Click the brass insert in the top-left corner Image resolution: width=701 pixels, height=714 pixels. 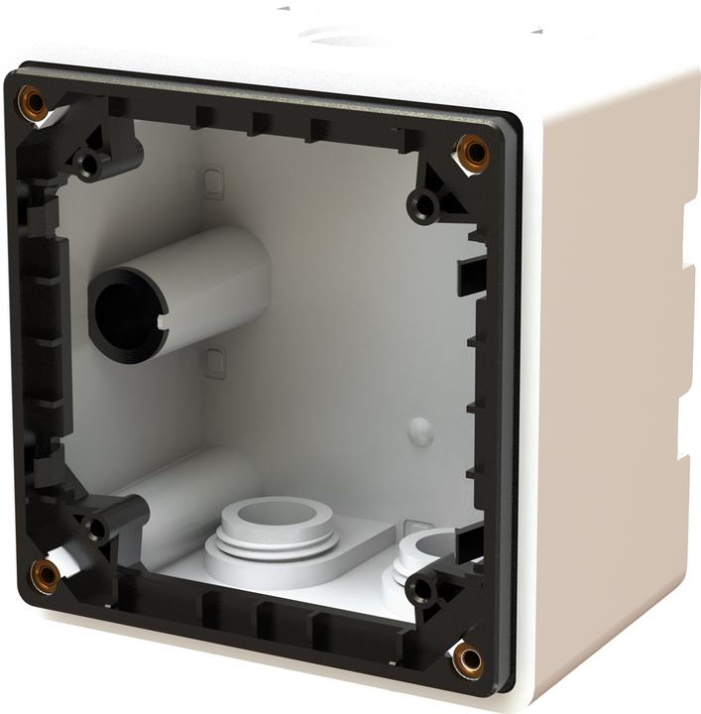[x=33, y=101]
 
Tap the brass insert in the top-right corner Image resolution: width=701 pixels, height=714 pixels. [x=472, y=152]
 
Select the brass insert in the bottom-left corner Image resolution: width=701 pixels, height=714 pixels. [x=45, y=572]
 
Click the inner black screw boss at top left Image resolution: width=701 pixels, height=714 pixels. [x=90, y=163]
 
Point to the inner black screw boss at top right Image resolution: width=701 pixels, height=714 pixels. [x=425, y=206]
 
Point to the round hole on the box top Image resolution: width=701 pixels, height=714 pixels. [x=342, y=37]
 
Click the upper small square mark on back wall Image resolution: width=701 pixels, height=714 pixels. [x=212, y=181]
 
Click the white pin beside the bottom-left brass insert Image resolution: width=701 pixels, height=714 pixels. [x=67, y=562]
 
